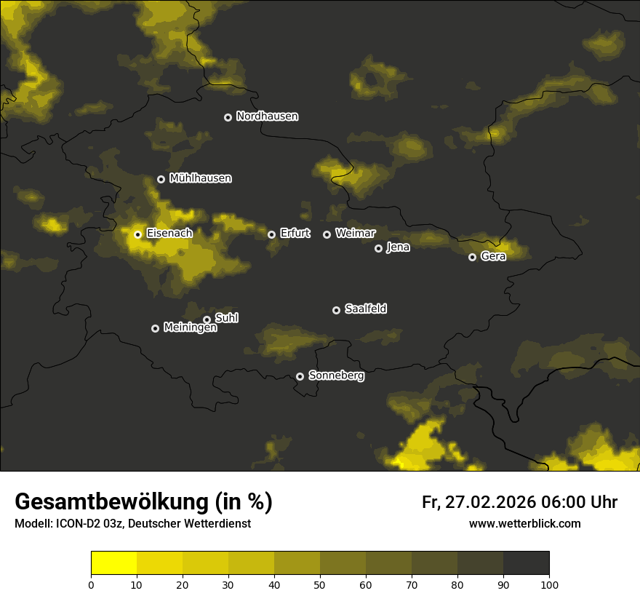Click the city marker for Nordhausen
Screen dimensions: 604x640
tap(228, 117)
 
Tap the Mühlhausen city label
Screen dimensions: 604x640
tap(200, 178)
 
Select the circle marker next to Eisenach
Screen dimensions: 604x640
tap(137, 234)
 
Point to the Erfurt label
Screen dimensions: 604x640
tap(295, 234)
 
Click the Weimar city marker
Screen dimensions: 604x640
tap(327, 234)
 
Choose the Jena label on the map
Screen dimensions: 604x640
tap(398, 247)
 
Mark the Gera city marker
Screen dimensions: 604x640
tap(472, 257)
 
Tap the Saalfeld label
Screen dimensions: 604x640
tap(365, 309)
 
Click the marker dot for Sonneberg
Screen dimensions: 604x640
tap(300, 376)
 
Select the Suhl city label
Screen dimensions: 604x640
tap(226, 318)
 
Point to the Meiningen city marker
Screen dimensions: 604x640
tap(155, 328)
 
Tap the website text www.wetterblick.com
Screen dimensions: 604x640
tap(524, 524)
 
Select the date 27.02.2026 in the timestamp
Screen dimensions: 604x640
tap(487, 503)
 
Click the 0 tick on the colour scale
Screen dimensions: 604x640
tap(91, 584)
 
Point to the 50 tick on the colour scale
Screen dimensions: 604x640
tap(320, 584)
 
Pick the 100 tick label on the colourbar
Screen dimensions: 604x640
tap(549, 584)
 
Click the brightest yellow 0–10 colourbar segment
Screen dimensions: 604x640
tap(113, 563)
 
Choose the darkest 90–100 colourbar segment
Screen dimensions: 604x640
tap(526, 563)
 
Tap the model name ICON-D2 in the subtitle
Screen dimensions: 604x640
tap(77, 524)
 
